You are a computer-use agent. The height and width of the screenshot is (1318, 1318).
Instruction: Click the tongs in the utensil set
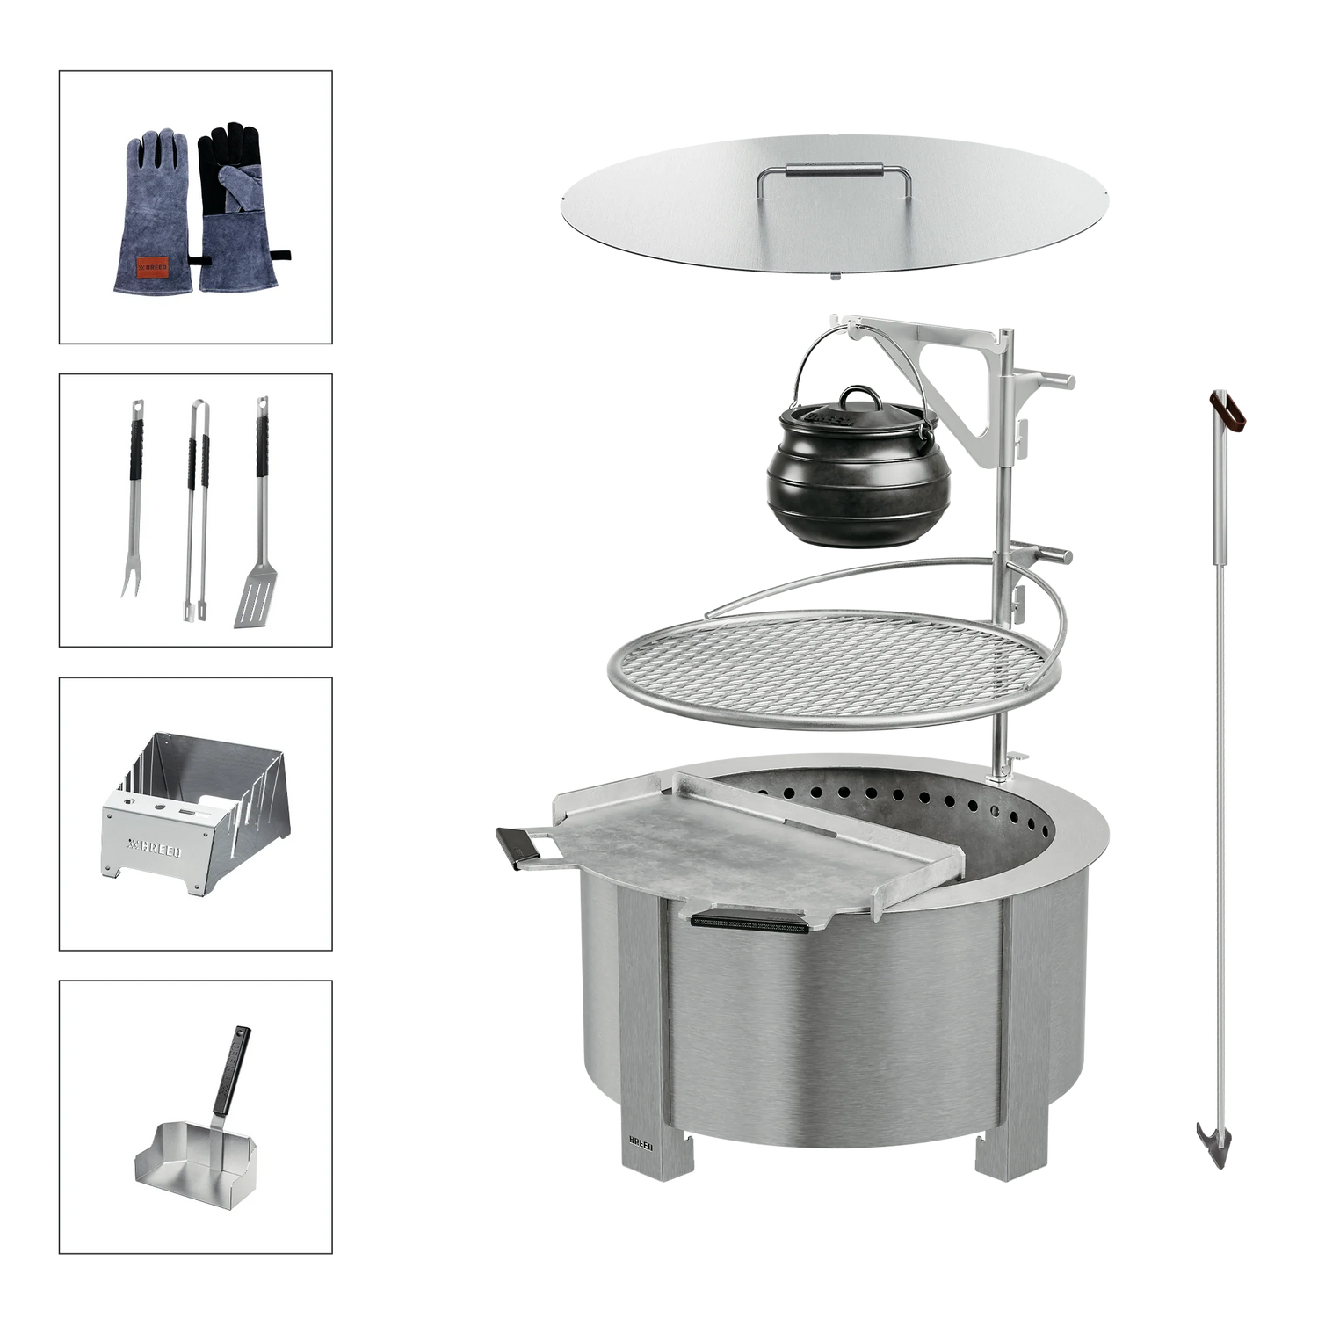click(194, 510)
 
